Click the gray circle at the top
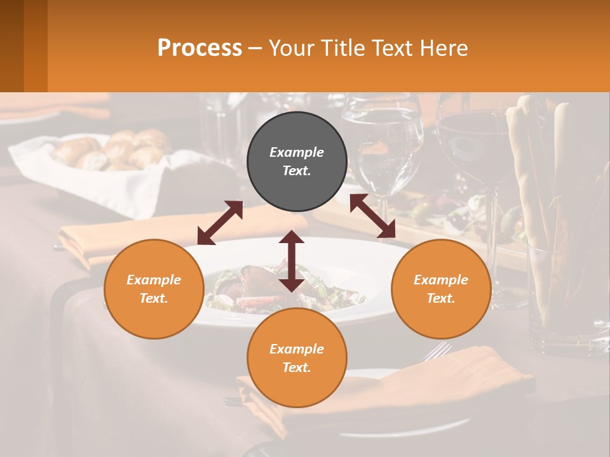click(x=297, y=162)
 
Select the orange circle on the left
click(x=154, y=289)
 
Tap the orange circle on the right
click(x=440, y=289)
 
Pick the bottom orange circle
click(x=297, y=358)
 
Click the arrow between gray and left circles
click(x=220, y=223)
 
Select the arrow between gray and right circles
click(x=372, y=216)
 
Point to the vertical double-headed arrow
click(x=292, y=261)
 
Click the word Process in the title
click(x=200, y=48)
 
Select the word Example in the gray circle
click(x=297, y=152)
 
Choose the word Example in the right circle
click(x=440, y=280)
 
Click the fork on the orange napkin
click(x=438, y=351)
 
